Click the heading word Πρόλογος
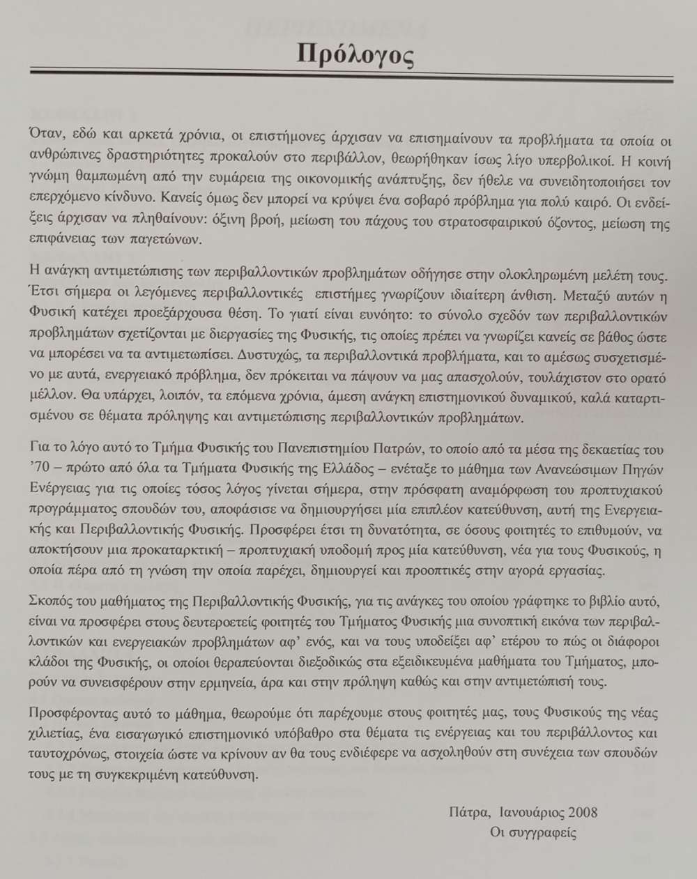point(355,54)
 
